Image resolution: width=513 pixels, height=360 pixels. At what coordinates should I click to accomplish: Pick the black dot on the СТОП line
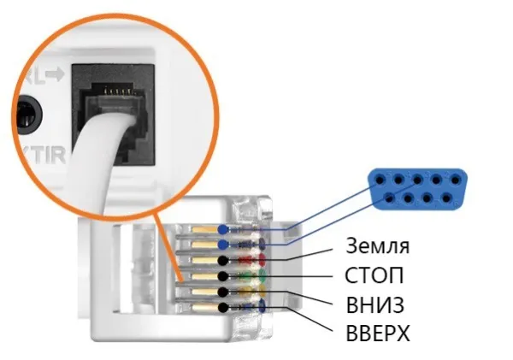click(223, 276)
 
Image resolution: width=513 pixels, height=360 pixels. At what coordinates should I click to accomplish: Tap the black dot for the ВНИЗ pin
click(223, 292)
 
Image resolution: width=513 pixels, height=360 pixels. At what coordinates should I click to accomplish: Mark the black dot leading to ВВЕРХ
click(223, 307)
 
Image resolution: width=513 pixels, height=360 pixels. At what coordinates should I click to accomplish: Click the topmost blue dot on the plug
click(223, 229)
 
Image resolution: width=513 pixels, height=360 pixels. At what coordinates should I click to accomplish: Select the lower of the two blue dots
click(223, 245)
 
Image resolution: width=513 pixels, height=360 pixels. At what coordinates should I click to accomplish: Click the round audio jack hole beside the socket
click(28, 113)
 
